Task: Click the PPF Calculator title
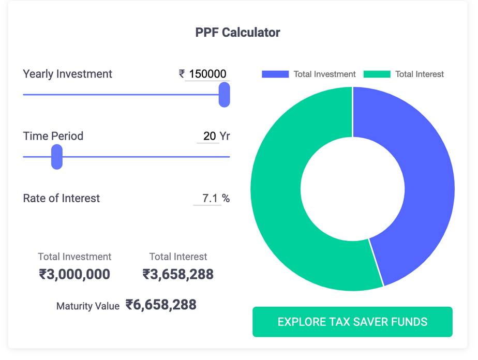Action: tap(238, 33)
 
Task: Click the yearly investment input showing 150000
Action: tap(207, 74)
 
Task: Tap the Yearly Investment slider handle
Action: tap(224, 95)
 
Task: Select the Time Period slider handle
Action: tap(57, 157)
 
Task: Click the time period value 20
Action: tap(210, 136)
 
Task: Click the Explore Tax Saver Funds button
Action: tap(352, 322)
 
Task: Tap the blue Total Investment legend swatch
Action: tap(275, 74)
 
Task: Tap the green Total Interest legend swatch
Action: tap(377, 74)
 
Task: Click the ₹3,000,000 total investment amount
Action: tap(74, 274)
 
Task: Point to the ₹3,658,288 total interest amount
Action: tap(178, 274)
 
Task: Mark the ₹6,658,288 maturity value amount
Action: tap(161, 305)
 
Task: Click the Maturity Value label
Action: tap(88, 306)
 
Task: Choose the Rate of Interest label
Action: tap(62, 198)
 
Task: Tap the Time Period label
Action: tap(53, 136)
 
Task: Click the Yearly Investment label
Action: tap(67, 74)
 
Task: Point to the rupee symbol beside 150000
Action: tap(182, 74)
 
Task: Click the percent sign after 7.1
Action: tap(226, 198)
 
